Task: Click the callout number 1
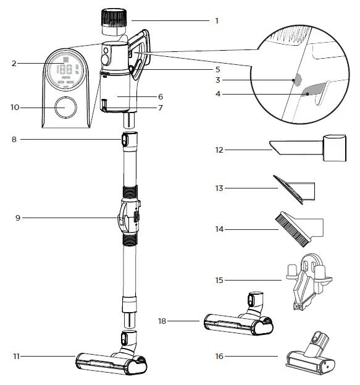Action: pyautogui.click(x=217, y=20)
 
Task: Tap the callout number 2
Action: pyautogui.click(x=13, y=63)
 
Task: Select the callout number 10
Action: pyautogui.click(x=15, y=108)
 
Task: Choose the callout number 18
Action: pyautogui.click(x=163, y=321)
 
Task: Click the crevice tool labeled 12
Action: pyautogui.click(x=303, y=148)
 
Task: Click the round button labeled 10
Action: pyautogui.click(x=64, y=108)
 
